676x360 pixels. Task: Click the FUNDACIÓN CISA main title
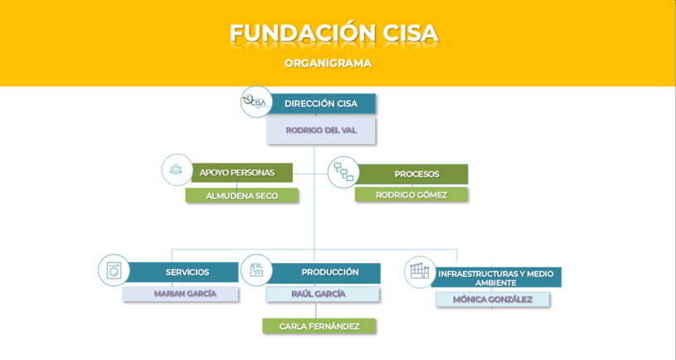[x=334, y=33]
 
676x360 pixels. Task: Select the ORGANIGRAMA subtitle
[x=328, y=63]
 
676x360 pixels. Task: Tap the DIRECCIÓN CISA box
[x=321, y=104]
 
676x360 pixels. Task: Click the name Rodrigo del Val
[x=321, y=130]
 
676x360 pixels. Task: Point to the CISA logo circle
[x=256, y=102]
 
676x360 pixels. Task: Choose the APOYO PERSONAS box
[x=241, y=173]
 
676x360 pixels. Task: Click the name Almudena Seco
[x=242, y=196]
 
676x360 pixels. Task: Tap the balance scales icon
[x=176, y=169]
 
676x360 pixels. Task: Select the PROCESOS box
[x=412, y=174]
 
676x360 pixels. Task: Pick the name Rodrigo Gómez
[x=411, y=195]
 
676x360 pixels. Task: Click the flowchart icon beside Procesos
[x=343, y=172]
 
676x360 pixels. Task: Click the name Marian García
[x=186, y=294]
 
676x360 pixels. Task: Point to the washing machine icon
[x=114, y=270]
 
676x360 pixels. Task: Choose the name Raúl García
[x=319, y=294]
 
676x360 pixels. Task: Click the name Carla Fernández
[x=319, y=326]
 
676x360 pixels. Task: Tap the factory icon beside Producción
[x=256, y=270]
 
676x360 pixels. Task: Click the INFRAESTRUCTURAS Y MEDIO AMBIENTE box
[x=496, y=277]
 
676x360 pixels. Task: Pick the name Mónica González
[x=493, y=299]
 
